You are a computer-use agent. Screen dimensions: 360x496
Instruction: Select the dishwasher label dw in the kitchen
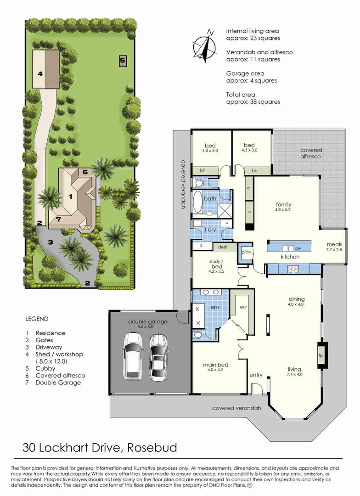click(x=298, y=248)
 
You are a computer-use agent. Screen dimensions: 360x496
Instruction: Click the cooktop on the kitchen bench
click(x=292, y=269)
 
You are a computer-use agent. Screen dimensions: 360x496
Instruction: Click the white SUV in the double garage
click(x=134, y=355)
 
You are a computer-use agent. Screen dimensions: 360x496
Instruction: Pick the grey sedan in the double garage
click(x=158, y=357)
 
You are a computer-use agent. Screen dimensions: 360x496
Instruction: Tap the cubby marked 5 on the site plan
click(x=123, y=61)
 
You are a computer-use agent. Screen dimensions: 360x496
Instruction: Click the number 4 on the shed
click(x=40, y=74)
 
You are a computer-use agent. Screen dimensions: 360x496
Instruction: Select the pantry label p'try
click(x=247, y=252)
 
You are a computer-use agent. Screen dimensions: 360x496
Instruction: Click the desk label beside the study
click(x=223, y=247)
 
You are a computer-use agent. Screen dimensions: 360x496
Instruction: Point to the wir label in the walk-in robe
click(x=243, y=307)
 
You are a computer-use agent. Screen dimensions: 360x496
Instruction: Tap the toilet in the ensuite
click(x=198, y=335)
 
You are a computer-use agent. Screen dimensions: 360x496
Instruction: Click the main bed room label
click(x=216, y=365)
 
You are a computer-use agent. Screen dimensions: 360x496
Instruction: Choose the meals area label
click(x=334, y=244)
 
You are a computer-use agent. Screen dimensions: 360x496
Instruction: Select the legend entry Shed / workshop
click(x=59, y=354)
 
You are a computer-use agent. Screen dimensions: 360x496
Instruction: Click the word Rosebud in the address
click(x=152, y=448)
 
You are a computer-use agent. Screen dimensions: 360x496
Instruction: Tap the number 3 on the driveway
click(x=51, y=242)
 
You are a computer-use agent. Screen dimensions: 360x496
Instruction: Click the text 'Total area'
click(x=241, y=95)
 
